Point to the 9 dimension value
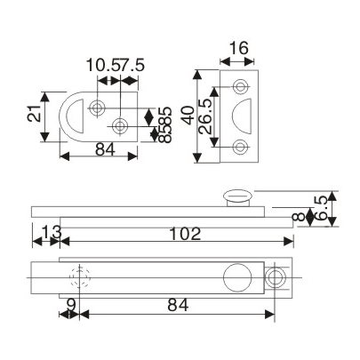click(x=70, y=305)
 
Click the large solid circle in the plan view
click(x=237, y=276)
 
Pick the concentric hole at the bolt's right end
click(x=276, y=276)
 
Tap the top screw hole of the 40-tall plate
click(x=240, y=86)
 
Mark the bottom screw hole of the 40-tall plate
click(x=240, y=147)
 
